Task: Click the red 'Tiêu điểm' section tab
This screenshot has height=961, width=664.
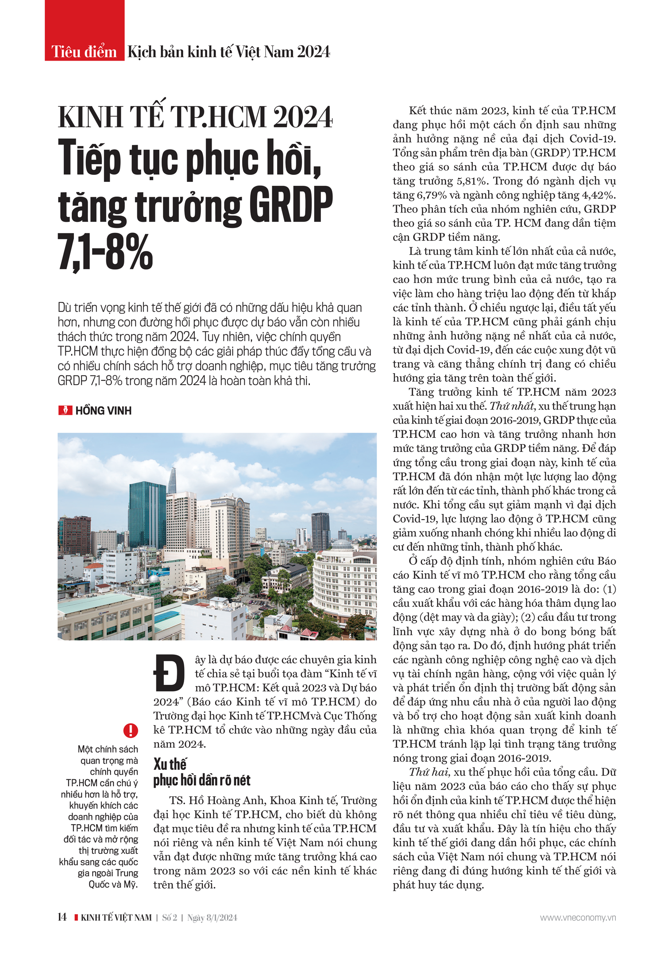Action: pyautogui.click(x=84, y=52)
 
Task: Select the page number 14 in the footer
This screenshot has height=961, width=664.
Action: pyautogui.click(x=62, y=917)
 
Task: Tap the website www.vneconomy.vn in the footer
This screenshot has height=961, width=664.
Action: pyautogui.click(x=578, y=918)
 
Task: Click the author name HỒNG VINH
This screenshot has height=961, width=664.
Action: pyautogui.click(x=103, y=411)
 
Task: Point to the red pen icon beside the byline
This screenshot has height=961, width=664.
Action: pyautogui.click(x=65, y=410)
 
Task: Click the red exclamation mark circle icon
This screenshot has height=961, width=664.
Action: pyautogui.click(x=131, y=730)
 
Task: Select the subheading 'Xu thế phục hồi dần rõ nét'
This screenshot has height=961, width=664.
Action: pyautogui.click(x=201, y=772)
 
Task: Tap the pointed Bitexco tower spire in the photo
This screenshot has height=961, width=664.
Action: pyautogui.click(x=172, y=480)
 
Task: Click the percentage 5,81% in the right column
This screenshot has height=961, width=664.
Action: pyautogui.click(x=467, y=181)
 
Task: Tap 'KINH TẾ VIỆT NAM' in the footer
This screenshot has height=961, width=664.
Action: pyautogui.click(x=116, y=918)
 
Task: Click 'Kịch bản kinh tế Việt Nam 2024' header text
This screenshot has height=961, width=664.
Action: pyautogui.click(x=228, y=52)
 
